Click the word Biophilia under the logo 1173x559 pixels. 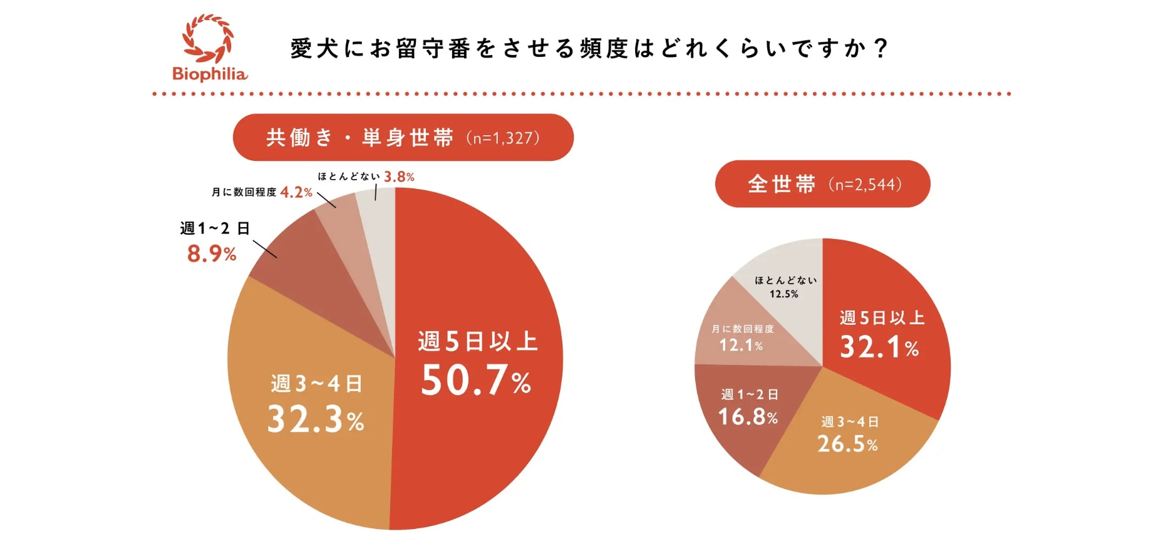pos(210,74)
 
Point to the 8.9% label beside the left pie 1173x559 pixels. pos(212,254)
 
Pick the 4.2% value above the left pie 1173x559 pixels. pos(296,192)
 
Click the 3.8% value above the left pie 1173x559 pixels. pos(399,177)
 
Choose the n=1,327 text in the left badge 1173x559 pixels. pos(503,138)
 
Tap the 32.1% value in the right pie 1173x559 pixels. pos(879,347)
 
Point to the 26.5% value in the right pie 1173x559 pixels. pos(847,444)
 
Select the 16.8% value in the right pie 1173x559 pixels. pos(748,416)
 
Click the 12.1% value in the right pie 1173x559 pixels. pos(741,345)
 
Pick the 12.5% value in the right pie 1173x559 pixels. pos(784,294)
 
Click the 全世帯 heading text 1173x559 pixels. pos(782,185)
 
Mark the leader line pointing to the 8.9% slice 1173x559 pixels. pos(265,249)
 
